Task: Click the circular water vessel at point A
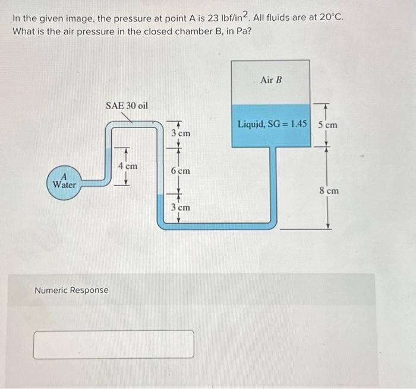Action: pyautogui.click(x=64, y=182)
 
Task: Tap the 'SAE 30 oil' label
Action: pyautogui.click(x=127, y=106)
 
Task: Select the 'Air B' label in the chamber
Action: pyautogui.click(x=270, y=79)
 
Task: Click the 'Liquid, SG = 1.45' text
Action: pyautogui.click(x=273, y=125)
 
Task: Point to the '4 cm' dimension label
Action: pyautogui.click(x=127, y=167)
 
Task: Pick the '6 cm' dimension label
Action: pyautogui.click(x=180, y=171)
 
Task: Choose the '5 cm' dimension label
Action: pyautogui.click(x=327, y=125)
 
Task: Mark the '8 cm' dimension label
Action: pyautogui.click(x=329, y=191)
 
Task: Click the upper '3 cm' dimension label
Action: pyautogui.click(x=181, y=133)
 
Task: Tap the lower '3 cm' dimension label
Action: pyautogui.click(x=181, y=208)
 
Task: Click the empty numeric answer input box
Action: pyautogui.click(x=114, y=344)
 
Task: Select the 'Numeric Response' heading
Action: pyautogui.click(x=71, y=290)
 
